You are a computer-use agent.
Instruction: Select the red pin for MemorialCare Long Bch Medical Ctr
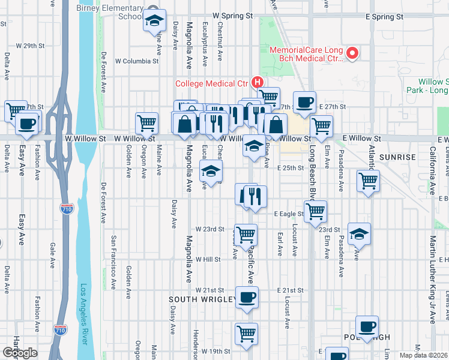click(x=353, y=54)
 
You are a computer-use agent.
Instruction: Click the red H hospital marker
click(x=258, y=82)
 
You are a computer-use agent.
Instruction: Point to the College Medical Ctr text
click(x=212, y=83)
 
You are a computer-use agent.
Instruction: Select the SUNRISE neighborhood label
click(x=398, y=157)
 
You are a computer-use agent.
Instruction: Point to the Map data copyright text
click(x=424, y=355)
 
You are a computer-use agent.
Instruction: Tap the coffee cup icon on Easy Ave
click(x=26, y=123)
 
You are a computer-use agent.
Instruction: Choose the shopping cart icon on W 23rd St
click(x=246, y=235)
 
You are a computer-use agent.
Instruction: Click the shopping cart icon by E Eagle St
click(x=315, y=211)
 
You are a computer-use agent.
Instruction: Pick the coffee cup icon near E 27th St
click(x=304, y=102)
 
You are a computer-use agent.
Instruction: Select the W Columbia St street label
click(x=137, y=61)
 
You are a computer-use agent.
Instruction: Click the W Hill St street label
click(x=208, y=259)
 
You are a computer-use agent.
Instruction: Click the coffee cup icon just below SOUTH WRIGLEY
click(x=246, y=297)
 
